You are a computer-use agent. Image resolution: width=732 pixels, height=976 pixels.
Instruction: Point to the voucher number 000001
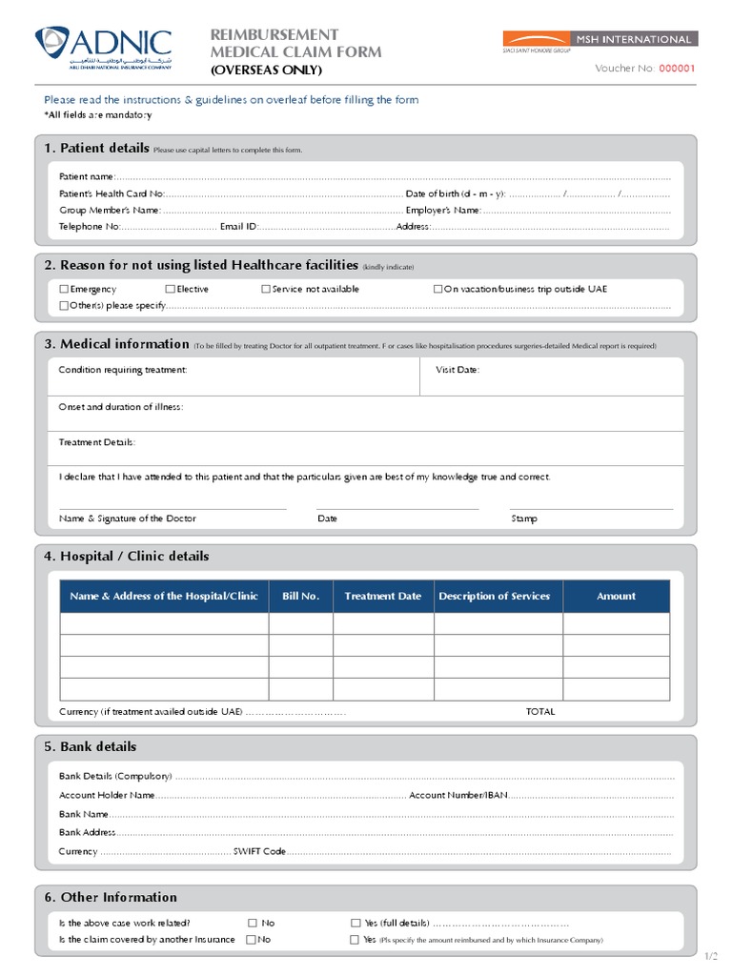[x=678, y=69]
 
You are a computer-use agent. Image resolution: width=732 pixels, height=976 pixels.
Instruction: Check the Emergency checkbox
[x=64, y=289]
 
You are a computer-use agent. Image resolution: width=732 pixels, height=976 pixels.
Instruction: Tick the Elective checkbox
[x=170, y=289]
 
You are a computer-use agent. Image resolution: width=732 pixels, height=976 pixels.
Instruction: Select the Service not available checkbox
[x=266, y=289]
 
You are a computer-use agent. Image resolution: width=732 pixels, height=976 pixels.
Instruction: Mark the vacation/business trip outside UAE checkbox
[x=438, y=289]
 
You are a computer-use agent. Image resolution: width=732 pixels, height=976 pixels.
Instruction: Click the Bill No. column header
[x=300, y=597]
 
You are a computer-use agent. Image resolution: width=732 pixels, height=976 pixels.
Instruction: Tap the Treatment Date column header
[x=382, y=597]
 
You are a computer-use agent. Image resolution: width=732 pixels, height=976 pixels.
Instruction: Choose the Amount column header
[x=616, y=597]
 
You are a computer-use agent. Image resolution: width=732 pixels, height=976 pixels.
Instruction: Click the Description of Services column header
[x=494, y=597]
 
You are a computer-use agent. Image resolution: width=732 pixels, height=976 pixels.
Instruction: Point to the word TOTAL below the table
[x=539, y=712]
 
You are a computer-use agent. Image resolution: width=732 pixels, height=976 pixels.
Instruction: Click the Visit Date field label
[x=457, y=370]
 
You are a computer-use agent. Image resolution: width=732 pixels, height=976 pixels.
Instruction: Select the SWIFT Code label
[x=259, y=851]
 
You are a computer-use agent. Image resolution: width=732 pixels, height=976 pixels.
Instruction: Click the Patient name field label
[x=87, y=176]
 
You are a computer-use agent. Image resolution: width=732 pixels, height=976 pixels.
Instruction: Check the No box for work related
[x=253, y=923]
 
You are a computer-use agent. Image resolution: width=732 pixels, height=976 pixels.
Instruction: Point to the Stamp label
[x=524, y=519]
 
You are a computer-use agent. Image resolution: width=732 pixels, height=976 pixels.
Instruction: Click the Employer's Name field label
[x=443, y=211]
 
